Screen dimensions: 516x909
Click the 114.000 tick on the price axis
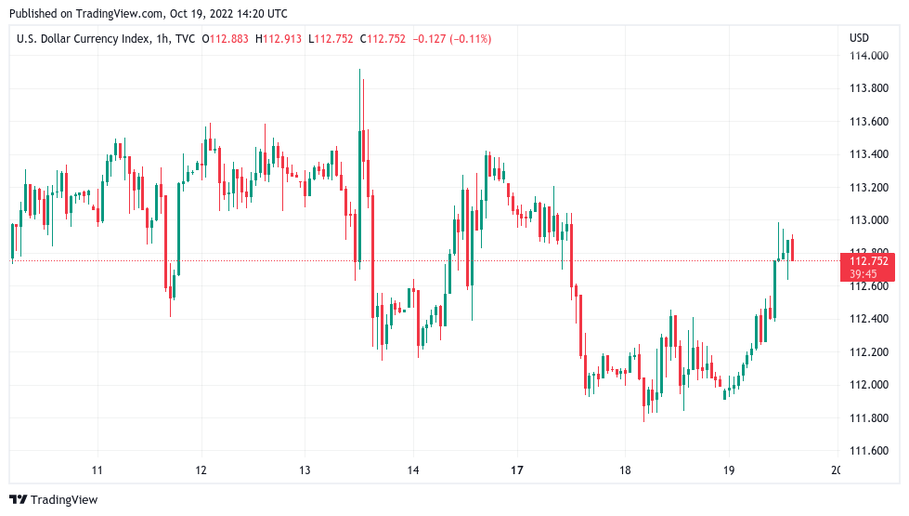(869, 56)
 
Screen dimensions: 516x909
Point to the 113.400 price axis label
(869, 154)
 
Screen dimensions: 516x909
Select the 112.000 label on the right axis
(869, 385)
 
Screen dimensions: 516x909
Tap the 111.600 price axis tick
(869, 451)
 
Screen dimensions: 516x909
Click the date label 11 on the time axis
(97, 470)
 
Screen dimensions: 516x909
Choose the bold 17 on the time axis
(517, 470)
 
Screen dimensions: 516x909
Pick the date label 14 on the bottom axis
(413, 470)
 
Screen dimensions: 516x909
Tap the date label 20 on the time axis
(835, 470)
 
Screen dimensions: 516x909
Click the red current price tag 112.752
(869, 261)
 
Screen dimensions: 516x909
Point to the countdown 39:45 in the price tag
(864, 274)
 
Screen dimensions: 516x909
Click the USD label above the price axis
(859, 38)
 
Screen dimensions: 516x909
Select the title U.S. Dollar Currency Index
(89, 38)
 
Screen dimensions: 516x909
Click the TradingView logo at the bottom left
(54, 500)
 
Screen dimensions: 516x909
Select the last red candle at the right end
(792, 249)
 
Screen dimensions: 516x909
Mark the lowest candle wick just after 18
(644, 414)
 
